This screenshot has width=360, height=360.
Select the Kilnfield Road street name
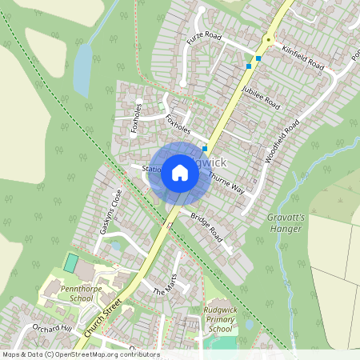[x=304, y=55]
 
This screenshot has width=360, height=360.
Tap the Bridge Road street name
[x=206, y=230]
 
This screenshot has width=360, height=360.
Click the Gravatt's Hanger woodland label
[x=285, y=222]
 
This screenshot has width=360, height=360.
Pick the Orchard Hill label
[x=53, y=330]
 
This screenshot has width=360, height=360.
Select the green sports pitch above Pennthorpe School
[x=72, y=262]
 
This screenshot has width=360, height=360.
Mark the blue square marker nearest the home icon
[x=206, y=148]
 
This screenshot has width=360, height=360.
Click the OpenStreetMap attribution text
[x=80, y=354]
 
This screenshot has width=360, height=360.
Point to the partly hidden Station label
[x=151, y=169]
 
